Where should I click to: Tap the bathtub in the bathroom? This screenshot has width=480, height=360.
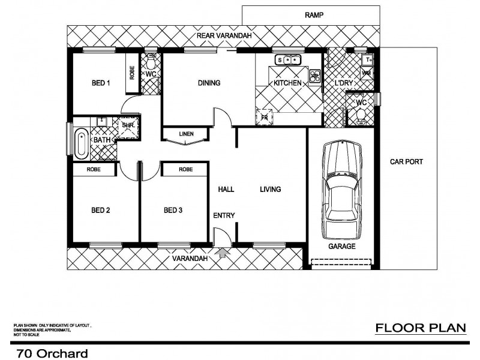80,142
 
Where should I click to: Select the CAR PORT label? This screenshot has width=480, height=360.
407,161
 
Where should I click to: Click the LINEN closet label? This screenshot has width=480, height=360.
186,134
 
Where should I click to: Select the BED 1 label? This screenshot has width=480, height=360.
100,83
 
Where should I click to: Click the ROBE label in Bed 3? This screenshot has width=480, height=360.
185,170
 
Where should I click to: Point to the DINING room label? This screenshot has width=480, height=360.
209,83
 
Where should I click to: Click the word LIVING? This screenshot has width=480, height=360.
270,190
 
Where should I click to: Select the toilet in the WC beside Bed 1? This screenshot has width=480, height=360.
151,62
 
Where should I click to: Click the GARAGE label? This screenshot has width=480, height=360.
341,246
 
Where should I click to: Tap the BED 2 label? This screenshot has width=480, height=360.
100,210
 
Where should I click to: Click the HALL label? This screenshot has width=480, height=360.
226,190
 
